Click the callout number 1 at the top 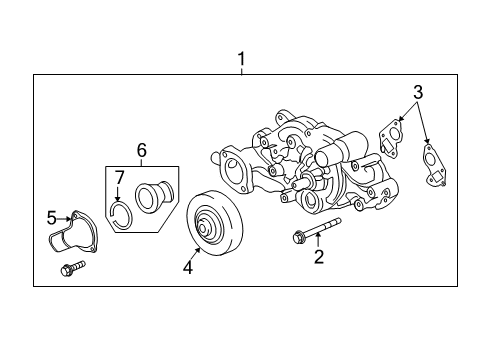[241, 59]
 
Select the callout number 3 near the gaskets [417, 92]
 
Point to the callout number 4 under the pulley [185, 267]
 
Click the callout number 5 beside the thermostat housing [52, 217]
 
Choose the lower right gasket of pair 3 [433, 162]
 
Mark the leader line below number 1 [241, 70]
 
